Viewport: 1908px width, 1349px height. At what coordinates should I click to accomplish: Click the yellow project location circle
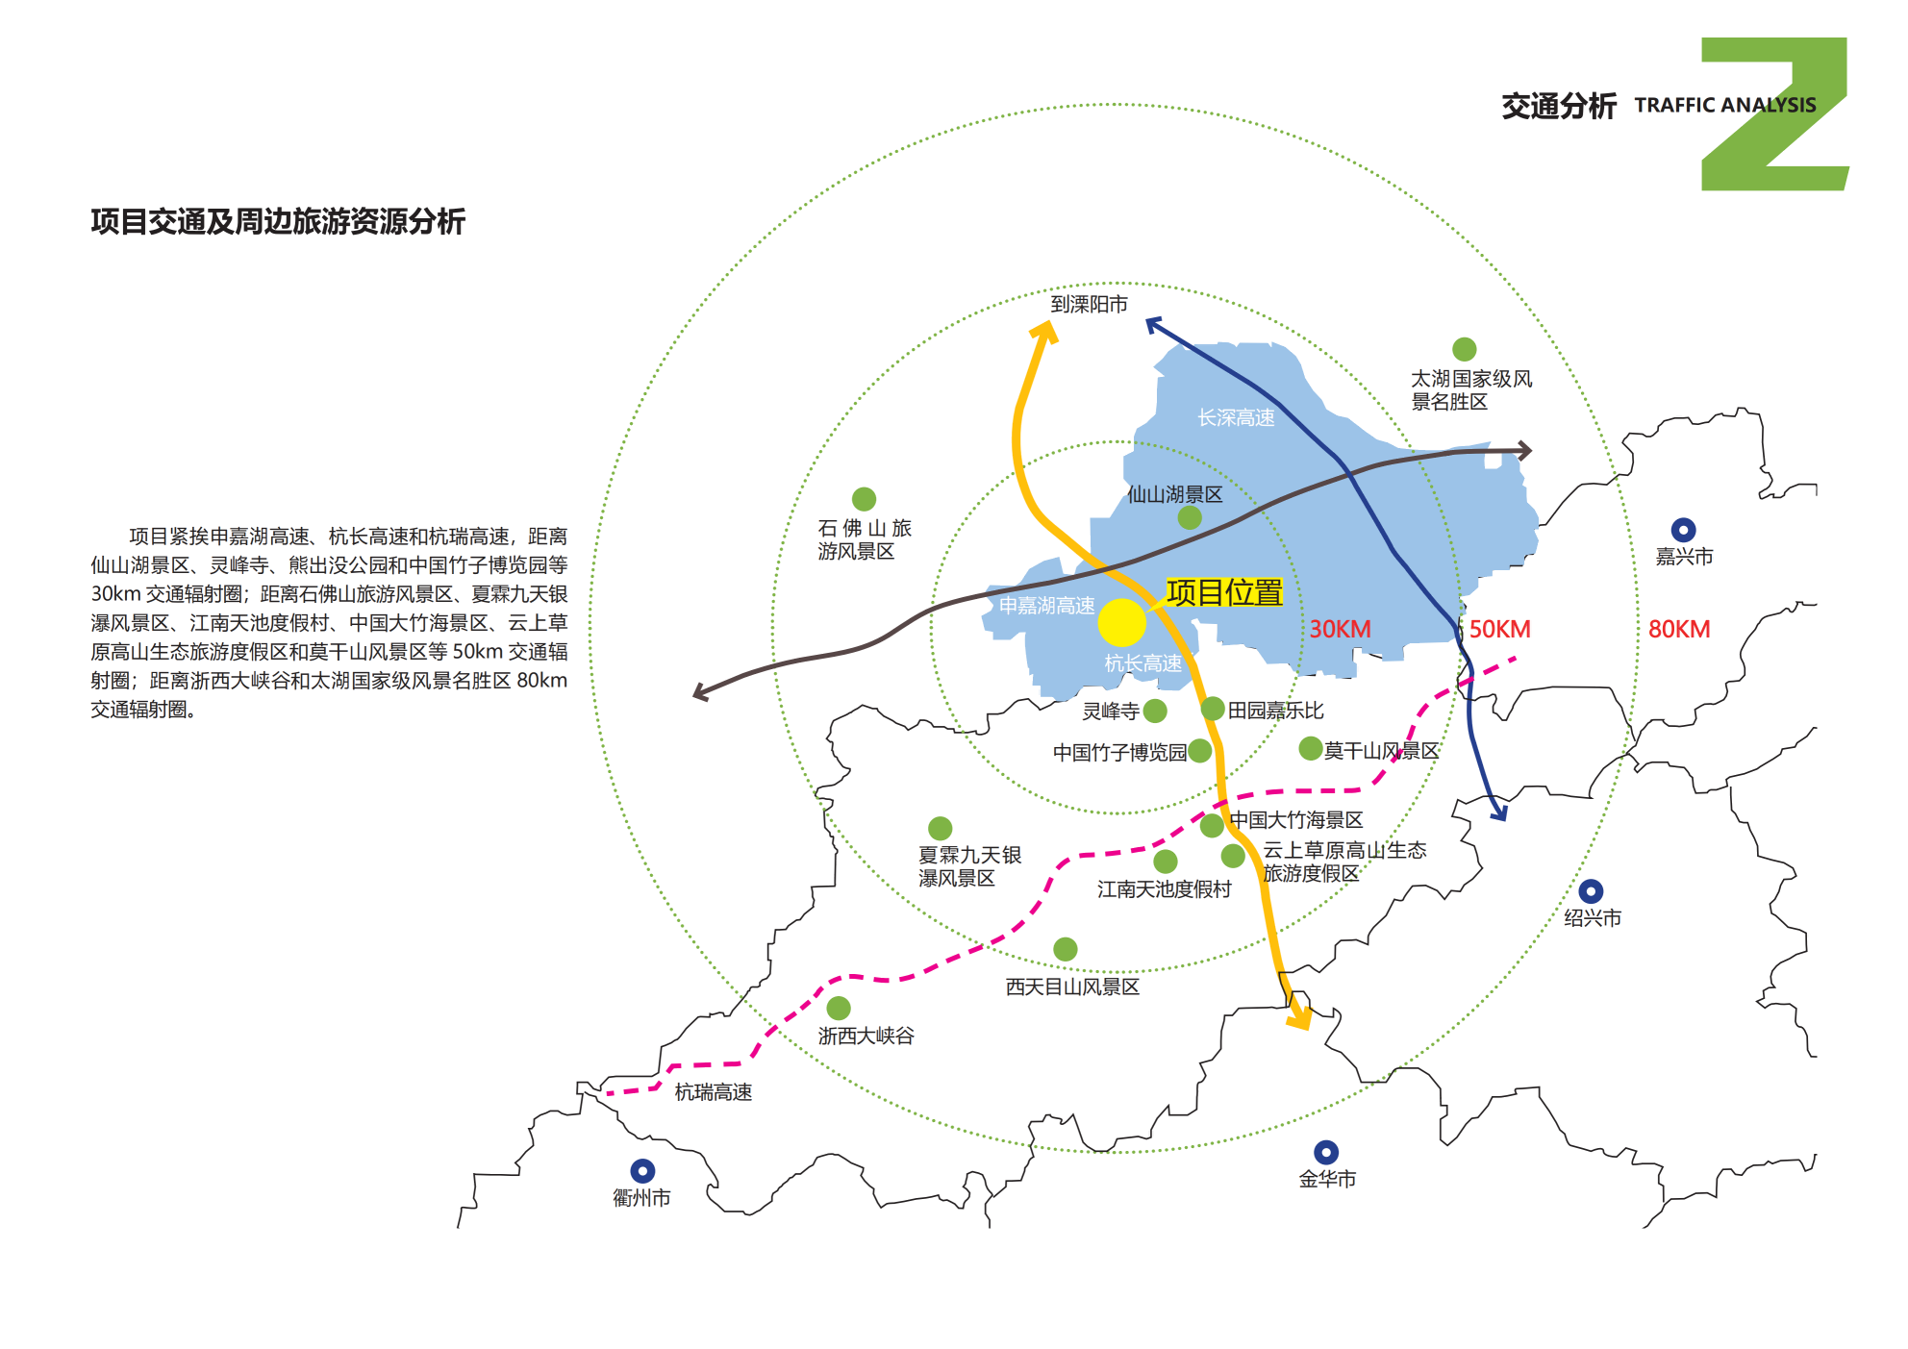[x=1121, y=622]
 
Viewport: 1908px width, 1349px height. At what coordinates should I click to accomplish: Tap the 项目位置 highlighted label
[x=1223, y=592]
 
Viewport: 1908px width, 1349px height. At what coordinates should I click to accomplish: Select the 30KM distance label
[x=1340, y=629]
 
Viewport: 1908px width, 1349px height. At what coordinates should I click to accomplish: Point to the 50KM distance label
[x=1499, y=629]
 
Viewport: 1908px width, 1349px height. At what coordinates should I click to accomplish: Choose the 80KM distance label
[x=1679, y=629]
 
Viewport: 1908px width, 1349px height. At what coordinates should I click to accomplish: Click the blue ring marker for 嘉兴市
[x=1683, y=530]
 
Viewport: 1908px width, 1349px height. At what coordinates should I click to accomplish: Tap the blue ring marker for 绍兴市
[x=1591, y=891]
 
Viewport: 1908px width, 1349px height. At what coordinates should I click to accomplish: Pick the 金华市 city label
[x=1327, y=1179]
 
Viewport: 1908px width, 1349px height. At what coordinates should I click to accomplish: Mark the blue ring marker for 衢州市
[x=642, y=1170]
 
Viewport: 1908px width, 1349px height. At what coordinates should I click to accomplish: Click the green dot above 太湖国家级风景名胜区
[x=1464, y=349]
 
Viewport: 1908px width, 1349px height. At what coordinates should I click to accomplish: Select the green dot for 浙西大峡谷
[x=839, y=1008]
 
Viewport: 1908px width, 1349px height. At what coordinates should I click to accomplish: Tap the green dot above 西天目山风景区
[x=1065, y=949]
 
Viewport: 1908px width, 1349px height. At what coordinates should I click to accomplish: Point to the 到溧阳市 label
[x=1089, y=305]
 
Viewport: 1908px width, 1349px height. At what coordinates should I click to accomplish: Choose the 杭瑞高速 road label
[x=713, y=1092]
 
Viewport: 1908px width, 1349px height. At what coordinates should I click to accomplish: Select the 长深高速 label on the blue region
[x=1236, y=417]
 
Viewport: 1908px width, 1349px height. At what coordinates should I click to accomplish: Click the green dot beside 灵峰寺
[x=1155, y=711]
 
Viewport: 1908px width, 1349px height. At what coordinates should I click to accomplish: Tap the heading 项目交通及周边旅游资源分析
[x=278, y=222]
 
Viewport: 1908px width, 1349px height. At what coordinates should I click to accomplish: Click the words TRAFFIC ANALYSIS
[x=1724, y=105]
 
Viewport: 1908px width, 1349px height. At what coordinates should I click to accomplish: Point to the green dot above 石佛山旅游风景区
[x=864, y=499]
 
